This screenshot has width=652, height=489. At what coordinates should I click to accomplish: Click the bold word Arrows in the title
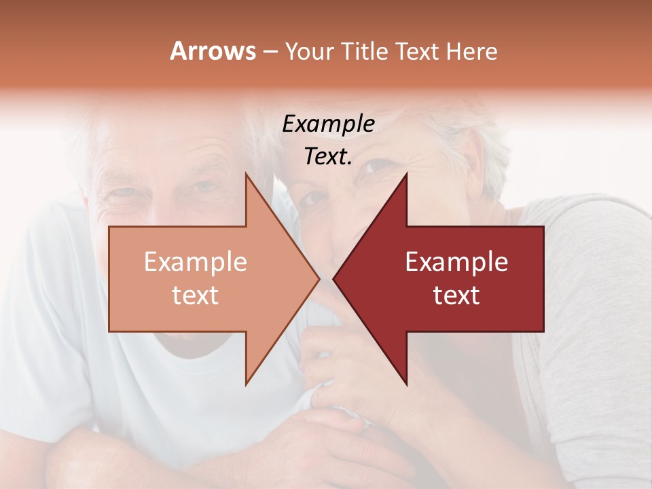(213, 51)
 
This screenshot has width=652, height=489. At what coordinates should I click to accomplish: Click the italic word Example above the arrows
(328, 124)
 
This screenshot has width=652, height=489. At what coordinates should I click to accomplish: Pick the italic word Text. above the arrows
(328, 156)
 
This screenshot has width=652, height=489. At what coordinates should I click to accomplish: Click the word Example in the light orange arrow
(195, 262)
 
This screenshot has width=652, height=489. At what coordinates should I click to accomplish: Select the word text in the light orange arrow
(195, 295)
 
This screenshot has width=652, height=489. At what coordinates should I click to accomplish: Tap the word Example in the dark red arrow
(456, 262)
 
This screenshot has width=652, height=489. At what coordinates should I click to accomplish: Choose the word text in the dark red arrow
(456, 295)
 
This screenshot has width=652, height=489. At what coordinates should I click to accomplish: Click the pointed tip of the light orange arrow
(319, 279)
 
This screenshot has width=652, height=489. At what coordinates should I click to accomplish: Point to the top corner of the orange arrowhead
(247, 175)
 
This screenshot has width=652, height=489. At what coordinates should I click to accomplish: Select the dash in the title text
(270, 52)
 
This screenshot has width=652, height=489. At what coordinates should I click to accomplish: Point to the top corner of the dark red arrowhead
(406, 175)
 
